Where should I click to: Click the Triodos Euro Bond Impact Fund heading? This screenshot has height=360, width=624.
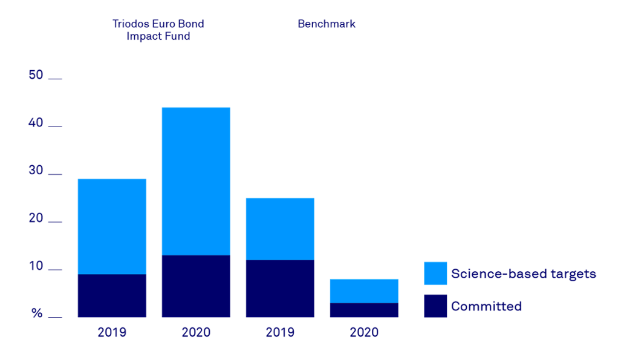158,30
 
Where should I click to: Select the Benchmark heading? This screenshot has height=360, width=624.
327,24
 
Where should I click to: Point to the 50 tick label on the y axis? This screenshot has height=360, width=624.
36,75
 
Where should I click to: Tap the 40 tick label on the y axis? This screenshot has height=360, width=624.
36,123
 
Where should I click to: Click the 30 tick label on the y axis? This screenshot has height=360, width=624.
36,171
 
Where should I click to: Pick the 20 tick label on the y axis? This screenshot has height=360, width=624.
36,218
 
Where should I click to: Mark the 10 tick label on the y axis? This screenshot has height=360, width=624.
36,266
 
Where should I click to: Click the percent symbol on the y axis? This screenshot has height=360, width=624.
37,313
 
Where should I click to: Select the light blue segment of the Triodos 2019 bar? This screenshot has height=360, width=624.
112,227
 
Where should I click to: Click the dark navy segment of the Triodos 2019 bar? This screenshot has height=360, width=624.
112,296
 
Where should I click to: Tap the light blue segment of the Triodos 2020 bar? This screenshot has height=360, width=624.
196,181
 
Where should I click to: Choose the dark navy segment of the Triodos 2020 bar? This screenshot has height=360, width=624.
196,286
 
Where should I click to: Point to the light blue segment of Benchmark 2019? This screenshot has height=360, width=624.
280,229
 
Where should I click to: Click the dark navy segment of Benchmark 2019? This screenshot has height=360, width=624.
280,289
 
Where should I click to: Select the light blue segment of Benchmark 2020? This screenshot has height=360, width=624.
364,291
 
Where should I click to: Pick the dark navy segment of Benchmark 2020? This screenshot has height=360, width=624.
364,310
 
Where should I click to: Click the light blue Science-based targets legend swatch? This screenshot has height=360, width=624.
435,273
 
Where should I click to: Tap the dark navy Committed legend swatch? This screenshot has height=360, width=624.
435,306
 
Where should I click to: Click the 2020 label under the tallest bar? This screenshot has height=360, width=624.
196,332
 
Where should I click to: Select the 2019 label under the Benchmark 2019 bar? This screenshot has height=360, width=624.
280,332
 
